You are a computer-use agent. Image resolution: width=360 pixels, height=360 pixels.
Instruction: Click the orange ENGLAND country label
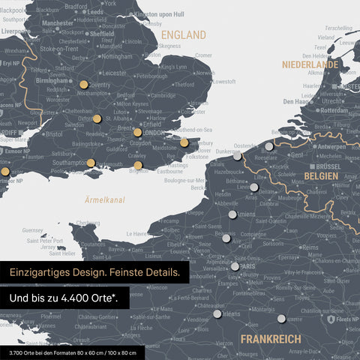pyautogui.click(x=184, y=35)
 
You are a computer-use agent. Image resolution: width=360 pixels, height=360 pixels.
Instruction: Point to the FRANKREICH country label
pyautogui.click(x=271, y=338)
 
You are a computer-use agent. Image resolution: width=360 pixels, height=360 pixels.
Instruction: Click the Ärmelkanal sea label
pyautogui.click(x=104, y=200)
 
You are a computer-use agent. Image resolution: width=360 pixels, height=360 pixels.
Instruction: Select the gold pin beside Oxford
pyautogui.click(x=97, y=118)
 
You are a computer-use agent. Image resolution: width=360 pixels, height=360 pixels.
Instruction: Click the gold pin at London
pyautogui.click(x=138, y=133)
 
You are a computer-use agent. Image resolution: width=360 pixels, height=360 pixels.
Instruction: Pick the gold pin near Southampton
pyautogui.click(x=91, y=163)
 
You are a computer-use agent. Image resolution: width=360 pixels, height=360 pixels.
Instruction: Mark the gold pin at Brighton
pyautogui.click(x=138, y=166)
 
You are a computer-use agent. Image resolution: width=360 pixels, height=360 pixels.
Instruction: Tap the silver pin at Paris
pyautogui.click(x=235, y=266)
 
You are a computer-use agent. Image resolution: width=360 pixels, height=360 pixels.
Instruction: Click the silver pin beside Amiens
pyautogui.click(x=232, y=214)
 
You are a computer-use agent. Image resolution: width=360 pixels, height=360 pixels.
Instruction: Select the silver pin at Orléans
pyautogui.click(x=217, y=315)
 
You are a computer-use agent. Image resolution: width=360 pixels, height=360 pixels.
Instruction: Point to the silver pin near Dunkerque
pyautogui.click(x=238, y=157)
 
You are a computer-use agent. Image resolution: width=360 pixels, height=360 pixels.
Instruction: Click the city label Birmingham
pyautogui.click(x=53, y=80)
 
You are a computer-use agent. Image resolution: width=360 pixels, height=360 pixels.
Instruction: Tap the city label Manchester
pyautogui.click(x=58, y=23)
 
